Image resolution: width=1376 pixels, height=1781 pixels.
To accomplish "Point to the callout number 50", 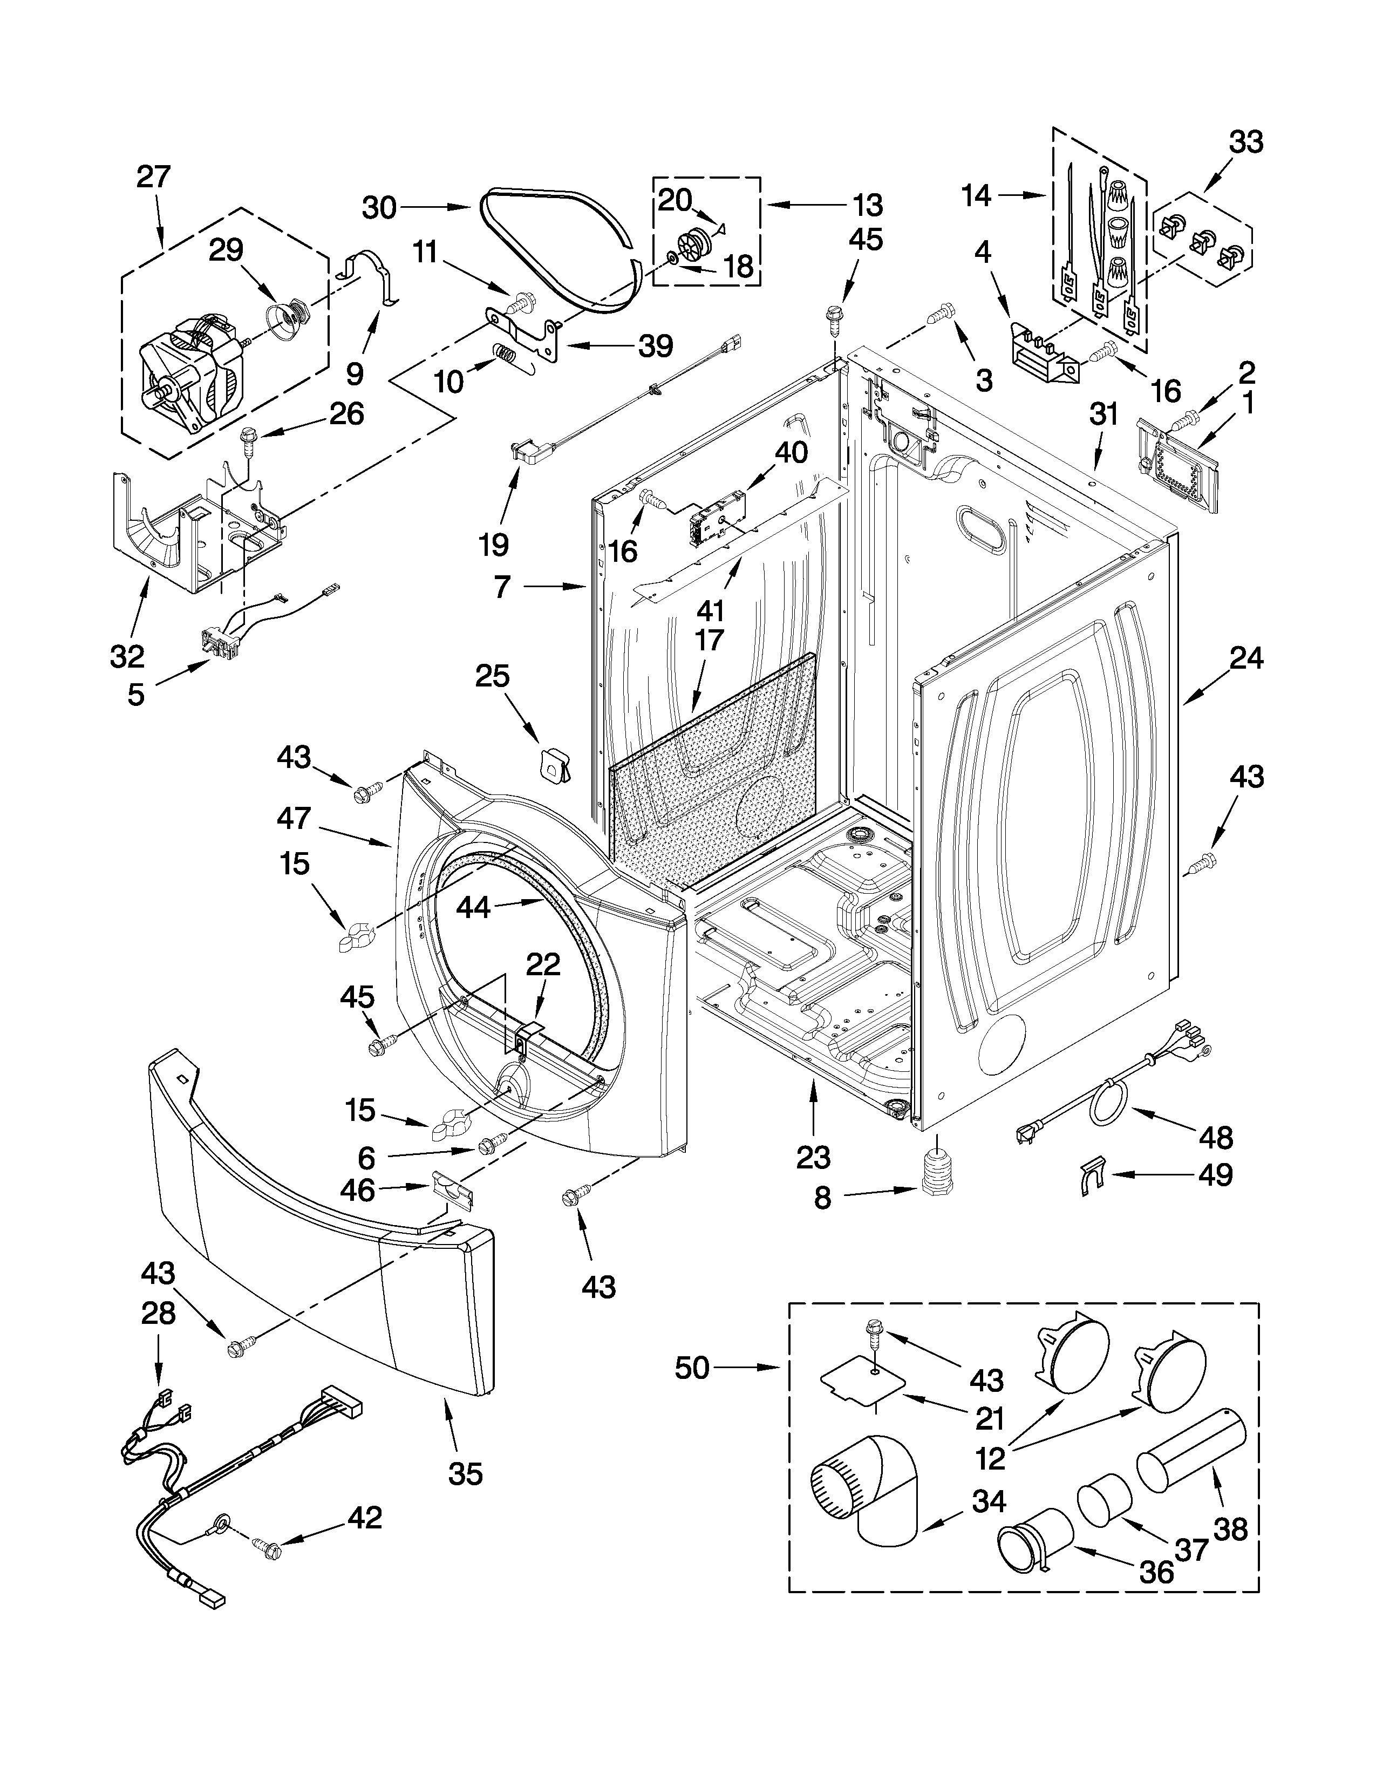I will pyautogui.click(x=692, y=1368).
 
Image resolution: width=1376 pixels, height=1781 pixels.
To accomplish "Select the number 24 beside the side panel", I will pyautogui.click(x=1246, y=657).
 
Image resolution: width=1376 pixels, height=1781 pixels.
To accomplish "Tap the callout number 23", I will pyautogui.click(x=814, y=1157).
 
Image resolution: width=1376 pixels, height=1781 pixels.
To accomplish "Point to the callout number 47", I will pyautogui.click(x=294, y=818).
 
